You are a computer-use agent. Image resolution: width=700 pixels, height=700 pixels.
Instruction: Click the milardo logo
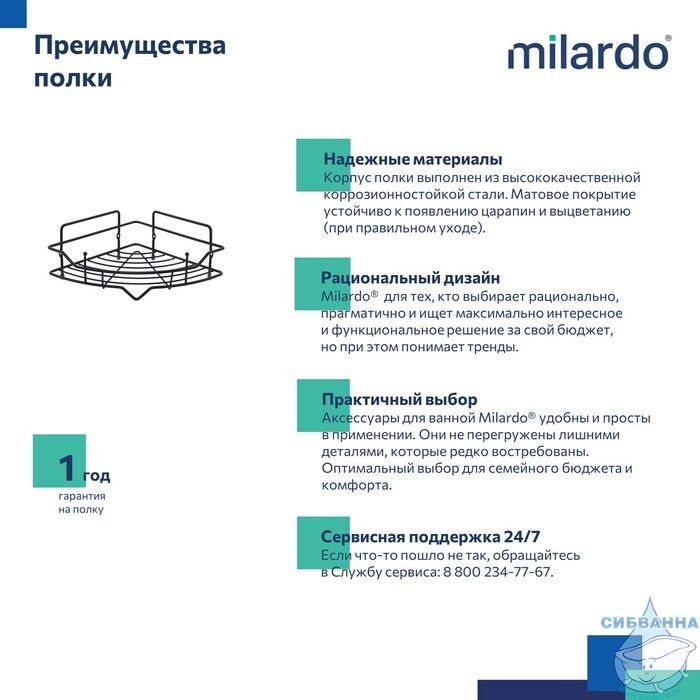[589, 52]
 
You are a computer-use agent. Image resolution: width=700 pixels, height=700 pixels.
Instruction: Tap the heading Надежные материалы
[413, 159]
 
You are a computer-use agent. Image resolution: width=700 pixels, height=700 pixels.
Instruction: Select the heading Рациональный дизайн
[410, 278]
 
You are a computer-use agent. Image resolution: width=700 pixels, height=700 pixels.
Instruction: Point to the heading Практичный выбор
[400, 399]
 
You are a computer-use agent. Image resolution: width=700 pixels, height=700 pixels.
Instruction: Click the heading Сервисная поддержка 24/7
[430, 536]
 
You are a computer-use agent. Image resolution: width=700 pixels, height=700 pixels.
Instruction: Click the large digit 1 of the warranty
[67, 467]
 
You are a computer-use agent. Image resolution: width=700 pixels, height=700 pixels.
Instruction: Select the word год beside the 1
[96, 476]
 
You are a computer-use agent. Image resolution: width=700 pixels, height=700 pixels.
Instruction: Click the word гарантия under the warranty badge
[82, 496]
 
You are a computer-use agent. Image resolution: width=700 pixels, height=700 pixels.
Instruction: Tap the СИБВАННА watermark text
[649, 622]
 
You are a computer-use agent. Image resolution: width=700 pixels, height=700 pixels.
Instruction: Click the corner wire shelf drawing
[136, 254]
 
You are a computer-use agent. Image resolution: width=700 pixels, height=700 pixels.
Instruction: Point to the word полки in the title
[73, 78]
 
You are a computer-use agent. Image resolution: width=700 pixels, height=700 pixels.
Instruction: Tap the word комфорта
[356, 485]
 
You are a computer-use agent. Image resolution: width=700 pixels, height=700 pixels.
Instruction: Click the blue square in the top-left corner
[13, 13]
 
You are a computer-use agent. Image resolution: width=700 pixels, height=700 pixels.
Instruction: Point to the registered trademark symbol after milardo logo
[668, 38]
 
